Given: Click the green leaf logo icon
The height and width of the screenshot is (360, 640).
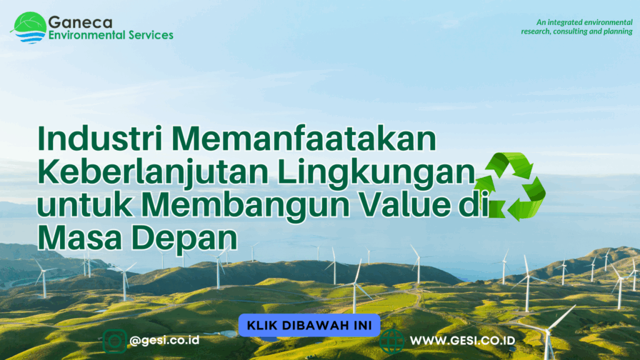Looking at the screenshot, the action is click(29, 27).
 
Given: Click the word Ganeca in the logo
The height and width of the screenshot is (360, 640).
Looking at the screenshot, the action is click(80, 22).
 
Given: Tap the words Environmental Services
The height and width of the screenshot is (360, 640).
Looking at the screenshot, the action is click(111, 35).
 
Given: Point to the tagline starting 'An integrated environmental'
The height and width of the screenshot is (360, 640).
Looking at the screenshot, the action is click(576, 26).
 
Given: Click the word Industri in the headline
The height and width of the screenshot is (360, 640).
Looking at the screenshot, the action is click(101, 138).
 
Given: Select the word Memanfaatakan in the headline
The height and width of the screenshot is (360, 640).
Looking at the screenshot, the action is click(304, 138).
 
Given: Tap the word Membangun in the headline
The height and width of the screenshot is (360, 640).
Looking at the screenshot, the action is click(245, 204).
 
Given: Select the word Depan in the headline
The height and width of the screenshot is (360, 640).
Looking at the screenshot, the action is click(184, 239).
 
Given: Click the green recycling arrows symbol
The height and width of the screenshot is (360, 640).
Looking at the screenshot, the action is click(510, 186).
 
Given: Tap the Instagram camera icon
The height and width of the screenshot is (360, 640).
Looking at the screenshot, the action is click(115, 341).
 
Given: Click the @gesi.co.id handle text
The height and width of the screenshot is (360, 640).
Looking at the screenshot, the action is click(164, 340).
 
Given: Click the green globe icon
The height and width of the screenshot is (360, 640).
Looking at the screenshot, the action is click(391, 341).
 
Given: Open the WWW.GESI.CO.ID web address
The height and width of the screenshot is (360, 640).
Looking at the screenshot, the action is click(462, 341).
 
